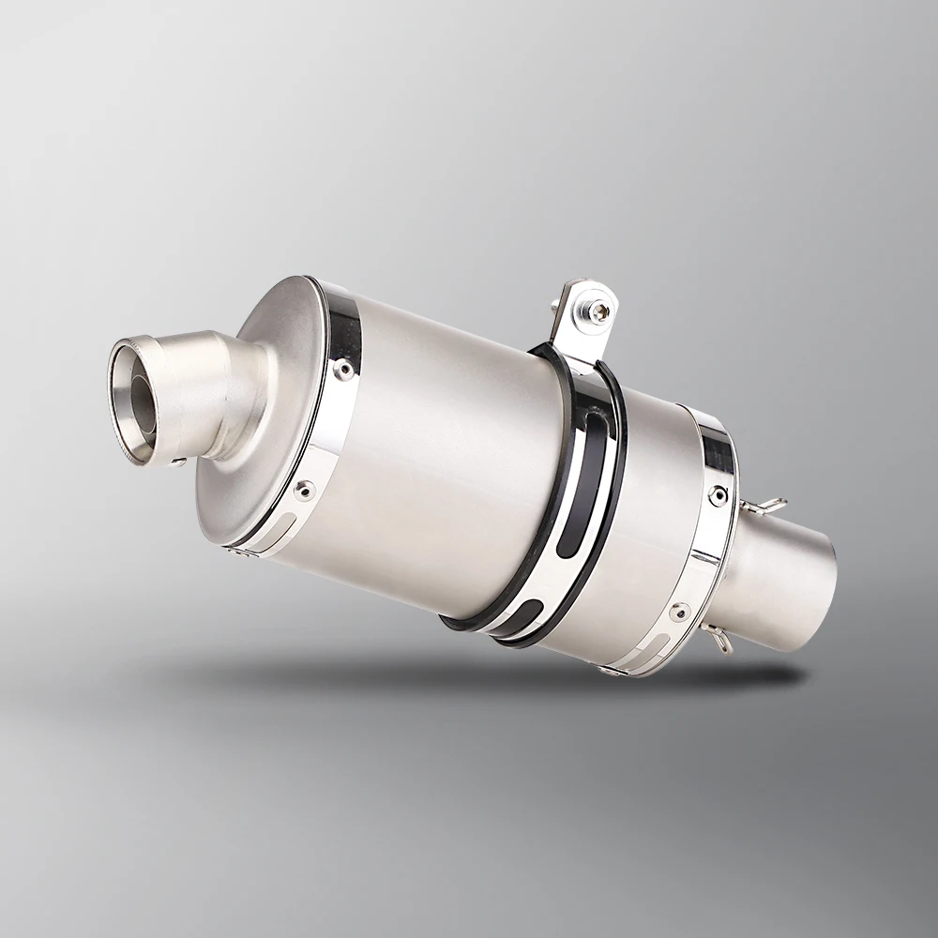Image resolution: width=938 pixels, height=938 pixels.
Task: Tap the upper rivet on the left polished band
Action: click(x=344, y=368)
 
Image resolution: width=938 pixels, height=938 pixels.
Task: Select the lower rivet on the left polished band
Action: click(x=303, y=489)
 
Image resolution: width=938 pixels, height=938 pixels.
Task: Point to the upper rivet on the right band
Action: click(x=718, y=494)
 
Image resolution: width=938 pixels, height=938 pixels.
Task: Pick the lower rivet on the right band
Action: click(x=679, y=612)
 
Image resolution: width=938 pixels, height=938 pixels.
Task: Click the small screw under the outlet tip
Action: click(x=176, y=461)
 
